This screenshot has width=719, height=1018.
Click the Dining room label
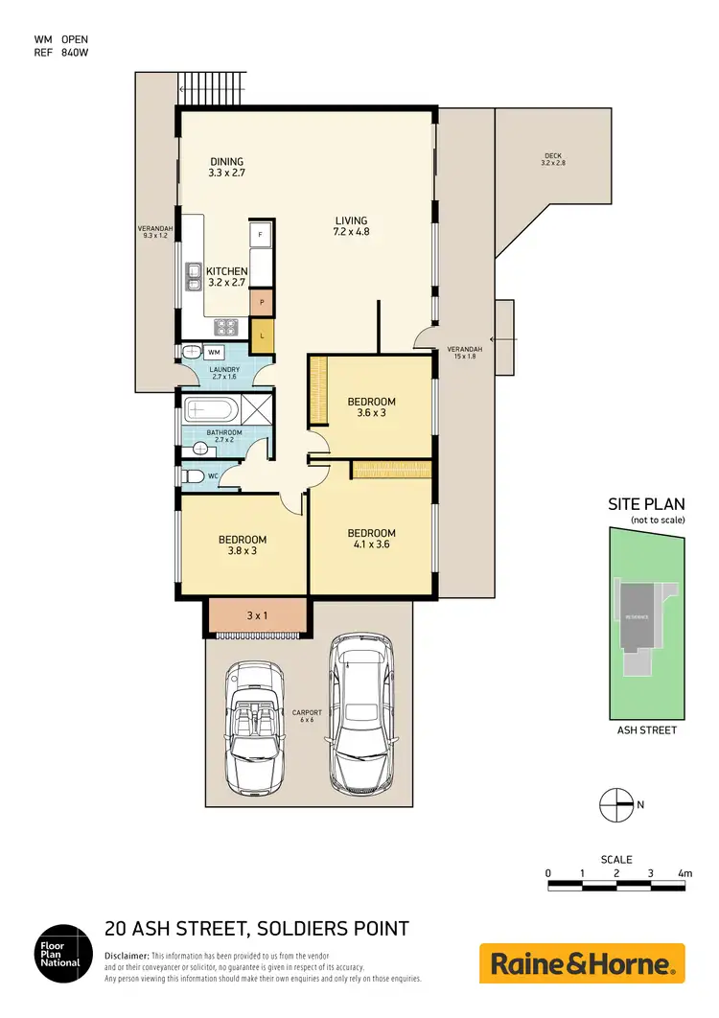click(226, 168)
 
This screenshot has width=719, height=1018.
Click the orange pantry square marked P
click(261, 302)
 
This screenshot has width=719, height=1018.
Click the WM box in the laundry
click(213, 353)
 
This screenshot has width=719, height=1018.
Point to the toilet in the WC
click(193, 475)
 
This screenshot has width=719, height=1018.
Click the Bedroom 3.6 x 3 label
click(371, 407)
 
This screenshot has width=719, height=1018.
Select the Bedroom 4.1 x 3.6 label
click(371, 539)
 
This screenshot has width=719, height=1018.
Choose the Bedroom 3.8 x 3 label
click(243, 545)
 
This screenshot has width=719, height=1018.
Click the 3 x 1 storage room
click(256, 616)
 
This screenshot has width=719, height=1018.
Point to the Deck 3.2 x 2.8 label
click(554, 159)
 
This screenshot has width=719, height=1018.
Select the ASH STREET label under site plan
click(647, 730)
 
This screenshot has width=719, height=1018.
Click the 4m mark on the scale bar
click(684, 872)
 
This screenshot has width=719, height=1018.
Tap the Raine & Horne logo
click(582, 962)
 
